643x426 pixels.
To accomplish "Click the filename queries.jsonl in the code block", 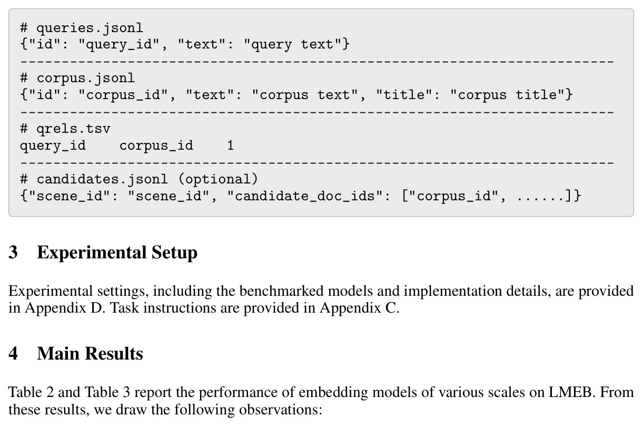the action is coord(90,28).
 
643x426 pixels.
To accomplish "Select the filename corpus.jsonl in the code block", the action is coord(85,79).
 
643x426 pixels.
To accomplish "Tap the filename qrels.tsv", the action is coord(73,129).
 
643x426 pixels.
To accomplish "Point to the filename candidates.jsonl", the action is coord(102,179).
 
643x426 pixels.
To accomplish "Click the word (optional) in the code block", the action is coord(218,179).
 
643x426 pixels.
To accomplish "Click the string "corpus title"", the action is coord(507,95).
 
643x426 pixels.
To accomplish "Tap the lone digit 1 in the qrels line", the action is coord(231,146).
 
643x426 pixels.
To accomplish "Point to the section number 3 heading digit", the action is coord(13,253).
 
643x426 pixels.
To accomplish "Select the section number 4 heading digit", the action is coord(13,354).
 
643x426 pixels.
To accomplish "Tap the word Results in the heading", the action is coord(115,354).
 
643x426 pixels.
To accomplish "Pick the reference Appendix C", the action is coord(359,308).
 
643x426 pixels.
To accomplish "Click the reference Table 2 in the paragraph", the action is coord(31,392).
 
